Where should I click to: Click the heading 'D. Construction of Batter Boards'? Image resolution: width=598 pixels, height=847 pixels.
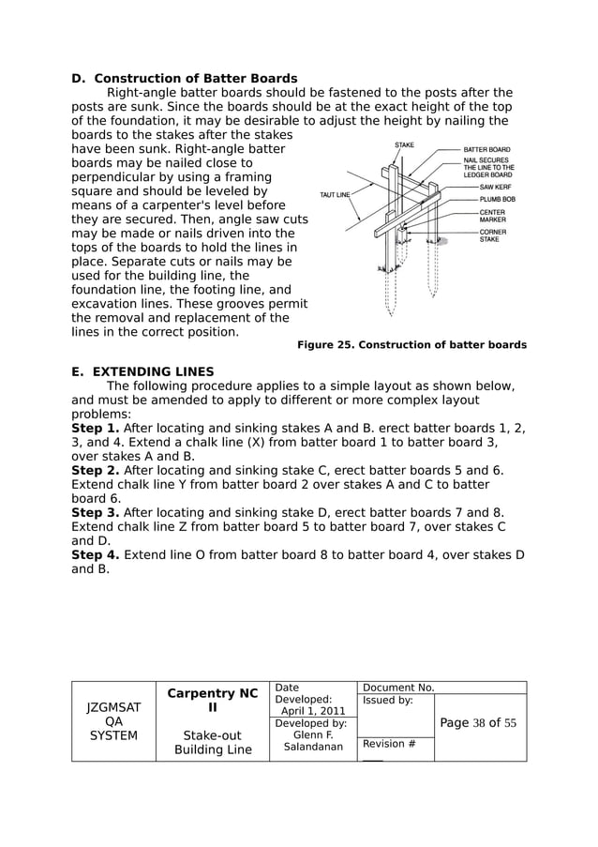(185, 79)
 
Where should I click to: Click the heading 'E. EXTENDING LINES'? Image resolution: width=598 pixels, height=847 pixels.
(142, 371)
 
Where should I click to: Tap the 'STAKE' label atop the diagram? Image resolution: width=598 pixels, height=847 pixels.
(404, 145)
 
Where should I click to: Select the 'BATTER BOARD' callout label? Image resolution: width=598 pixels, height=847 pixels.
(486, 149)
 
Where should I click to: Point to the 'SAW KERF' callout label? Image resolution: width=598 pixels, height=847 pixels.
(494, 187)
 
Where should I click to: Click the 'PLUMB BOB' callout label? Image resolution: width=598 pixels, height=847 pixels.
(496, 199)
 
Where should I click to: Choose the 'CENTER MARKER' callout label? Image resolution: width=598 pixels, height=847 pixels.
(493, 216)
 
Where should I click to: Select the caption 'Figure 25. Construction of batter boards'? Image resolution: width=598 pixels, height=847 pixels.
(411, 345)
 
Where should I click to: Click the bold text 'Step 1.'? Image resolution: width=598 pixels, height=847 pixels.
(96, 428)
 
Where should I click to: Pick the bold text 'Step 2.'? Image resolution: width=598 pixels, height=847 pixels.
(96, 470)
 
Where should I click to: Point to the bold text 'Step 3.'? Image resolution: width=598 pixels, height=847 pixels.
(96, 512)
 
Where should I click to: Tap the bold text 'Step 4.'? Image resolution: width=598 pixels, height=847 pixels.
(96, 554)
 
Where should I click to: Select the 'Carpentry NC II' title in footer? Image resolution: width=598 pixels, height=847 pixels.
(212, 701)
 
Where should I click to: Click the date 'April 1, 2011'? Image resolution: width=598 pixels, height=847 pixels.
(313, 711)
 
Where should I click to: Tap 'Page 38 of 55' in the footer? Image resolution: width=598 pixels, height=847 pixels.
(478, 723)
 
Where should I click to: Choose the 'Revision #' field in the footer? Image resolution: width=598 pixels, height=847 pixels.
(383, 744)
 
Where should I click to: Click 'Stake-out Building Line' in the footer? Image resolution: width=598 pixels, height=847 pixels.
(212, 742)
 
